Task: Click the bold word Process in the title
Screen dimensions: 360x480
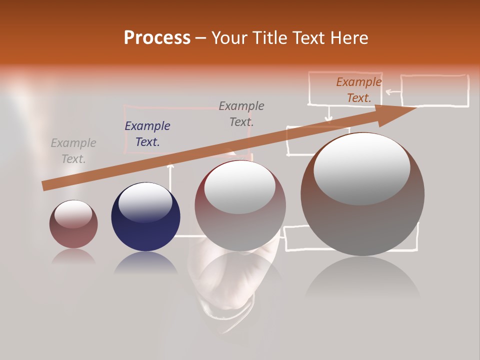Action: [x=157, y=38]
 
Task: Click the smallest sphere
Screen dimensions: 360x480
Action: [x=73, y=224]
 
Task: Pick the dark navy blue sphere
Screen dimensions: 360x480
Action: [x=145, y=217]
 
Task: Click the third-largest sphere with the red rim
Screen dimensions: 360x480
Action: [x=240, y=205]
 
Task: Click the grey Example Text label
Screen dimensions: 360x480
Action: [x=73, y=151]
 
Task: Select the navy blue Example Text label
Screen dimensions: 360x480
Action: [x=147, y=134]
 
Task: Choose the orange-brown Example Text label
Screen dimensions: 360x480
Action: [x=359, y=90]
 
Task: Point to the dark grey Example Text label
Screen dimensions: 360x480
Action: [x=241, y=114]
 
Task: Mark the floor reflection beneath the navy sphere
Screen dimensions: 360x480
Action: [x=145, y=263]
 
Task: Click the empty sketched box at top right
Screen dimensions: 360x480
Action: [x=434, y=90]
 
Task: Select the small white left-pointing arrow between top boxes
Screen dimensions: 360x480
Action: [x=392, y=92]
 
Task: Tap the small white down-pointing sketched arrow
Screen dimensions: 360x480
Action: [x=328, y=115]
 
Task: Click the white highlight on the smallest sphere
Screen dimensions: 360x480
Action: [x=73, y=214]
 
